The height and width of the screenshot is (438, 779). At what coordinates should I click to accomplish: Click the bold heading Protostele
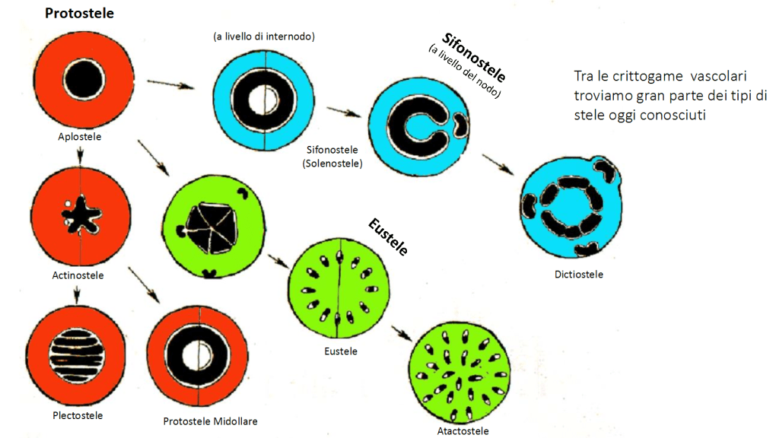pyautogui.click(x=80, y=14)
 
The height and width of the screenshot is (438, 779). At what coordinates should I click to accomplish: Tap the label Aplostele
pyautogui.click(x=80, y=137)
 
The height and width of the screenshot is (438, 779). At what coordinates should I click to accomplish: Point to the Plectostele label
pyautogui.click(x=78, y=415)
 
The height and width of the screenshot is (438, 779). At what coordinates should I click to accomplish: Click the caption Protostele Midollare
pyautogui.click(x=205, y=421)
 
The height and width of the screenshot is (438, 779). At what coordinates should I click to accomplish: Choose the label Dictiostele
pyautogui.click(x=579, y=275)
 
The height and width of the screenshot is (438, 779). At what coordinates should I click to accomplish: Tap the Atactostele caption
pyautogui.click(x=463, y=431)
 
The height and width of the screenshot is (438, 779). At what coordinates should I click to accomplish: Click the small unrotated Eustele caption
pyautogui.click(x=340, y=351)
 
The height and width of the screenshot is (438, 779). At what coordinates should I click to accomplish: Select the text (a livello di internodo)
pyautogui.click(x=264, y=36)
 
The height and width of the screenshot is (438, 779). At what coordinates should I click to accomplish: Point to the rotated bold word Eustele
pyautogui.click(x=388, y=236)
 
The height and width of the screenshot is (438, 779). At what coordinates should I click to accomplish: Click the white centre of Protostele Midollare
pyautogui.click(x=202, y=353)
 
